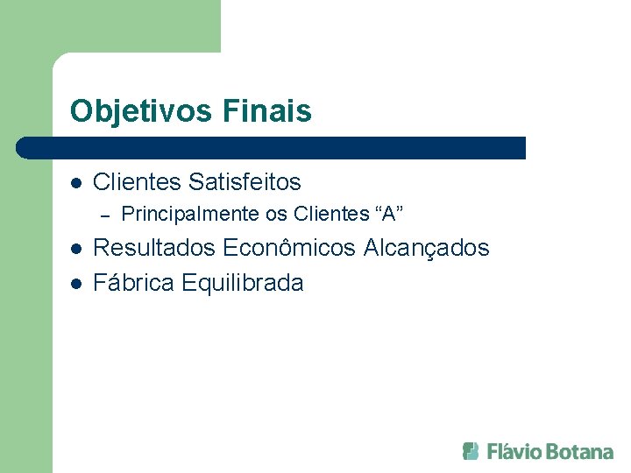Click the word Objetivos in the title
coord(141,111)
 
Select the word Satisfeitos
coord(245,182)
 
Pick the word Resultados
coord(154,248)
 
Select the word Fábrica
coord(134,283)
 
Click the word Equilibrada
coord(243,283)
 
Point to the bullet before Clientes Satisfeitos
coord(76,183)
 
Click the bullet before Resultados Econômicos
coord(76,249)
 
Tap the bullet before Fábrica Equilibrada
coord(76,284)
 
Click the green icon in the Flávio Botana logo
coord(471,451)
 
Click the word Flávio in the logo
coord(514,451)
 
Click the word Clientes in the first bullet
coord(138,182)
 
